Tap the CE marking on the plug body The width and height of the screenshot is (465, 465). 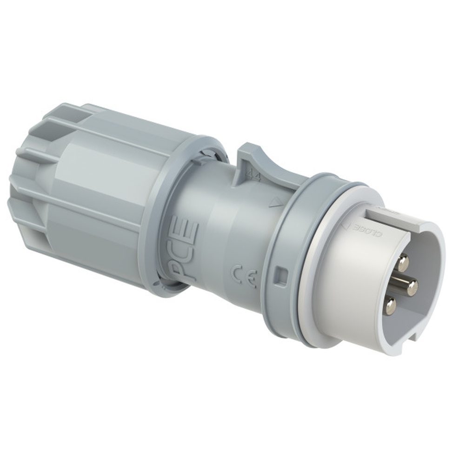point(245,275)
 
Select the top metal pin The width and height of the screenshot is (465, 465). point(403,263)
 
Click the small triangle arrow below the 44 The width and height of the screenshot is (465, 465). point(276,202)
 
